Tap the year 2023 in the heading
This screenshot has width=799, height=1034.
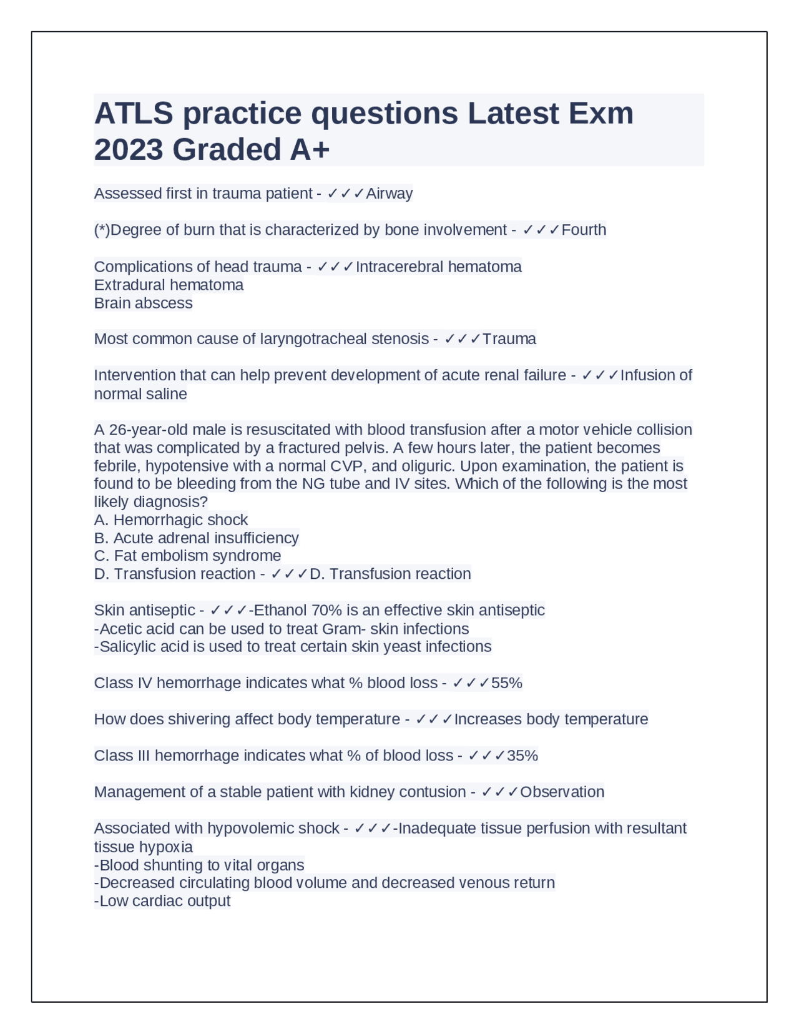click(x=129, y=150)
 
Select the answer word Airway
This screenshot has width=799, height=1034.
click(x=389, y=194)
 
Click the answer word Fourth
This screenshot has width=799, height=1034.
click(x=584, y=230)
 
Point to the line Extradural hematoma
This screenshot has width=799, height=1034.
click(x=169, y=285)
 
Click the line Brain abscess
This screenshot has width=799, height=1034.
click(x=143, y=303)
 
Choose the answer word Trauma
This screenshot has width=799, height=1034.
click(x=509, y=339)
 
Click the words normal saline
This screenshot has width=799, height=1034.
click(x=140, y=394)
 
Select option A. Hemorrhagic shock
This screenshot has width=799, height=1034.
click(x=171, y=519)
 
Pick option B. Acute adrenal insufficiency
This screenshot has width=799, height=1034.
click(x=196, y=538)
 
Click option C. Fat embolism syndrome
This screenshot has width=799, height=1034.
click(x=187, y=556)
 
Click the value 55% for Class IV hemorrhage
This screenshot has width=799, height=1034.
click(x=506, y=683)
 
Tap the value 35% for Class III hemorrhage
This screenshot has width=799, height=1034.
click(x=522, y=756)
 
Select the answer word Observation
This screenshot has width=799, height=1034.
click(x=562, y=792)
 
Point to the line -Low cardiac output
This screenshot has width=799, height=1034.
click(x=162, y=901)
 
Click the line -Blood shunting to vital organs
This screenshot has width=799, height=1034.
click(x=199, y=865)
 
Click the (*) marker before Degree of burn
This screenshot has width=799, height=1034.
click(x=102, y=230)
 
